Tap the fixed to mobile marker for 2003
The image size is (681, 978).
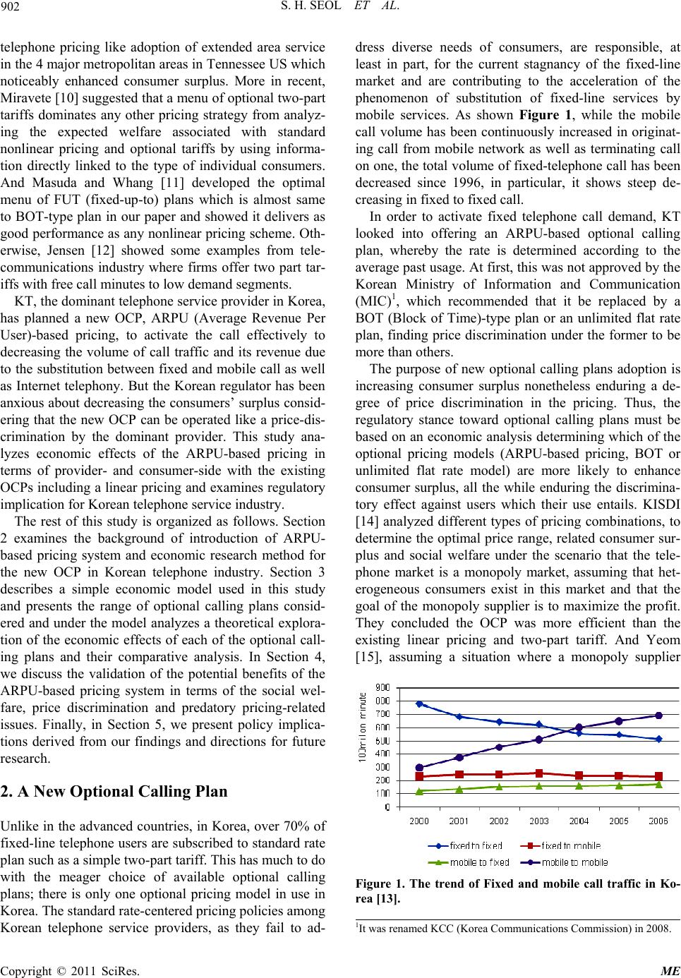(539, 773)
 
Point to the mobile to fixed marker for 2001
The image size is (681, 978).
(459, 790)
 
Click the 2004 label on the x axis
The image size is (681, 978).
(579, 821)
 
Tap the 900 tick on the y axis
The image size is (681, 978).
(381, 687)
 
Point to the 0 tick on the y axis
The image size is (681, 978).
(387, 807)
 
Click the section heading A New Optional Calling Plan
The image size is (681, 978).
(114, 791)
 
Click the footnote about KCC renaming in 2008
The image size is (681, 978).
(514, 929)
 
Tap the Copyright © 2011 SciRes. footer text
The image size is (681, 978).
(71, 970)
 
